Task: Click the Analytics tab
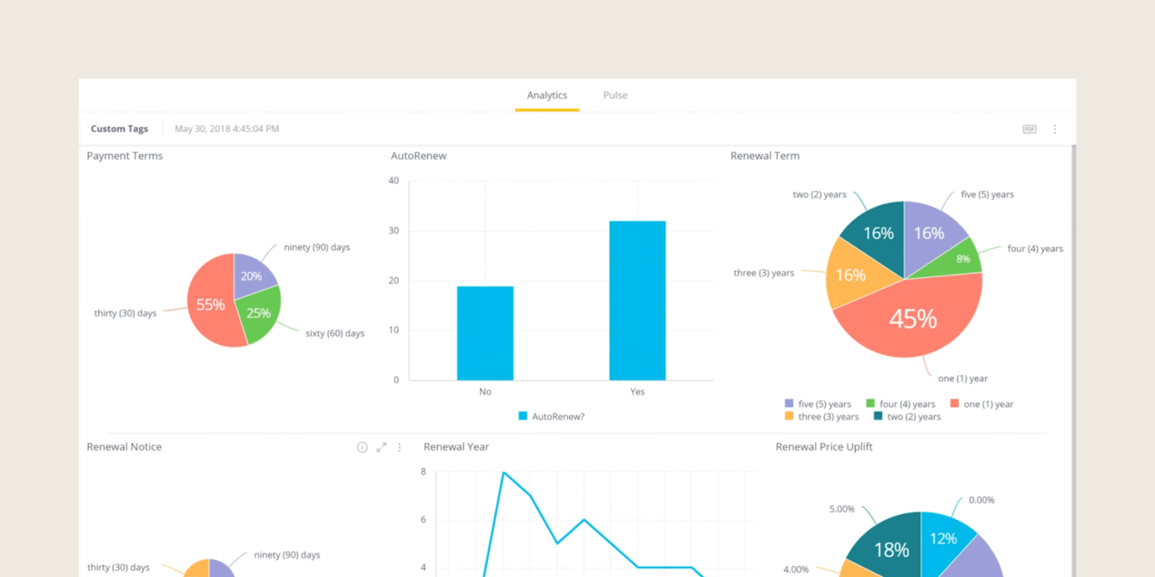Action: (x=547, y=95)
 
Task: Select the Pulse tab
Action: (x=615, y=95)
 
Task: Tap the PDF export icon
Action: (x=1029, y=129)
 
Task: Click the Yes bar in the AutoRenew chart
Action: (x=637, y=301)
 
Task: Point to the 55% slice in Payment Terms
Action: (x=210, y=304)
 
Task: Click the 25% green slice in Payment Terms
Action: (x=259, y=313)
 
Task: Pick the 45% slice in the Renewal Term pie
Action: (x=912, y=319)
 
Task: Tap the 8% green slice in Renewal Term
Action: (x=962, y=258)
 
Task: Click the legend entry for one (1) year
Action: (x=981, y=404)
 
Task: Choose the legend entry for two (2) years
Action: (x=907, y=417)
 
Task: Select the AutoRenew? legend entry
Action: (x=551, y=416)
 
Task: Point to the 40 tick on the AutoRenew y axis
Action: (x=393, y=180)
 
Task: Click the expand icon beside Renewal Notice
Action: (x=381, y=447)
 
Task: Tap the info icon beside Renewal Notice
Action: (x=362, y=447)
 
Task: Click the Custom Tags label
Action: (x=120, y=129)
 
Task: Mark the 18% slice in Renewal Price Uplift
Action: (x=892, y=550)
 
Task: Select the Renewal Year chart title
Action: (x=456, y=447)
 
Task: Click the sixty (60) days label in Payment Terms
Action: (x=335, y=334)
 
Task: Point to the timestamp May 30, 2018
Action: (x=226, y=129)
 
